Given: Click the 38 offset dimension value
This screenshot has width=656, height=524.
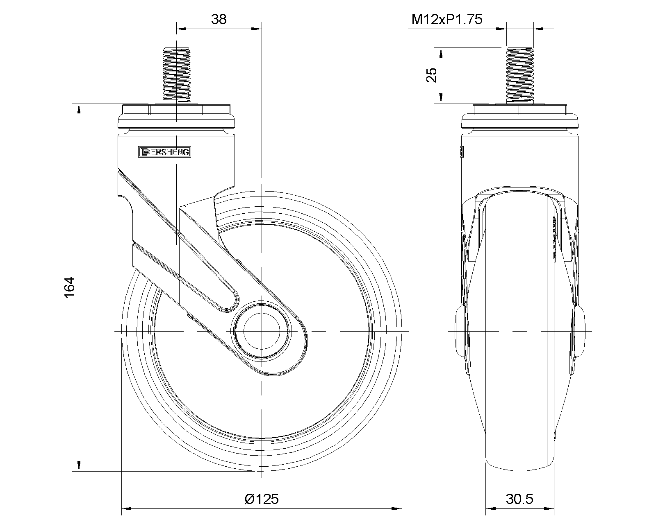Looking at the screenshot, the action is point(219,20).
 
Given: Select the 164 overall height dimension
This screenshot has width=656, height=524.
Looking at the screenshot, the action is point(70,287).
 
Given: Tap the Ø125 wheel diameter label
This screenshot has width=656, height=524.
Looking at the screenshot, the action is point(262,499).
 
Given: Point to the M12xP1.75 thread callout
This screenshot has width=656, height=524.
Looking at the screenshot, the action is point(447,20).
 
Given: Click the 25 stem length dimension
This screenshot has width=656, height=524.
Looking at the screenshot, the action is point(432,75).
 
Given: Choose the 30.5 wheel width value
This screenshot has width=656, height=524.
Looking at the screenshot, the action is point(520,499).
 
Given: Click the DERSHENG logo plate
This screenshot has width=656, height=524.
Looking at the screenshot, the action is point(164,152).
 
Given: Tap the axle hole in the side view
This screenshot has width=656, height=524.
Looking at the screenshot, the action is point(262,331).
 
